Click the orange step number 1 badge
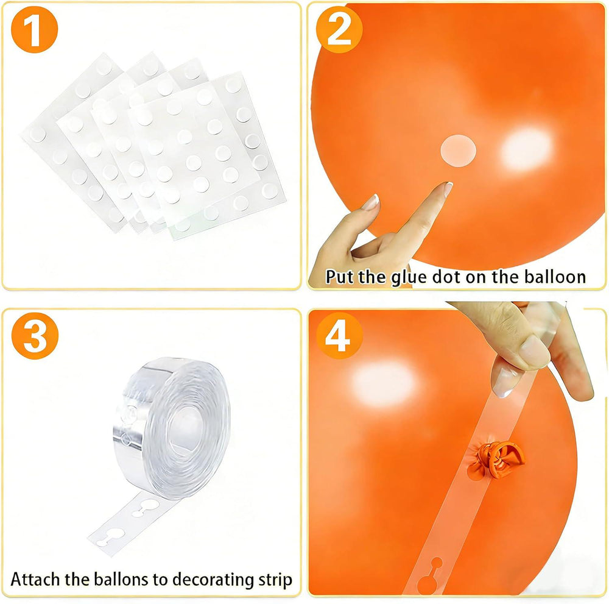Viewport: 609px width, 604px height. coord(34,29)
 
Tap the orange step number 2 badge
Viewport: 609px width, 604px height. coord(339,29)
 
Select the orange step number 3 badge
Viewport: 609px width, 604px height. coord(35,336)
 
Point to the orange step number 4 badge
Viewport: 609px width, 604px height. coord(339,336)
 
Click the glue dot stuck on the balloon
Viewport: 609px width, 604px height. coord(459,151)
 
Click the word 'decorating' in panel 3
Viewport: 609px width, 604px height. coord(213,580)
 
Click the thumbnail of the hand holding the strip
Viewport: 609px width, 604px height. coord(535,352)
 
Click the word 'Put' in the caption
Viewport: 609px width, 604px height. coord(340,277)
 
